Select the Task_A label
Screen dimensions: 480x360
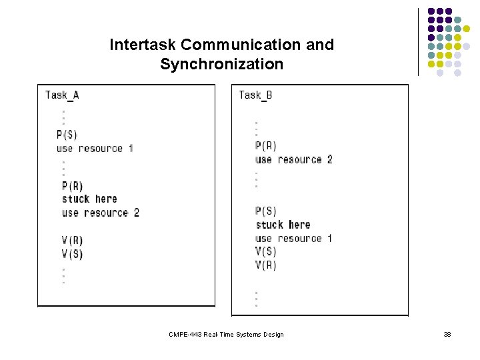62,95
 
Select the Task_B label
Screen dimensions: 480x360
255,95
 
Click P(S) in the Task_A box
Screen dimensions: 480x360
67,135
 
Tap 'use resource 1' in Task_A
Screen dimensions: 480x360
95,148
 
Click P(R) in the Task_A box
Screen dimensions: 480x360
72,186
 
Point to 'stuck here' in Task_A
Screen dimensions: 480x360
89,199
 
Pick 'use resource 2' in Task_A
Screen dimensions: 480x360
100,213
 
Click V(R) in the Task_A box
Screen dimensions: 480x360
72,240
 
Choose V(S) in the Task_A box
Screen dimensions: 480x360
72,254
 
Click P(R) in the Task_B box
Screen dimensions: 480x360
265,146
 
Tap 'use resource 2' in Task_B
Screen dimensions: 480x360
293,159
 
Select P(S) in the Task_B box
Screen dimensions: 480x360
265,211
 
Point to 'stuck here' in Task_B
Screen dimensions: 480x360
283,225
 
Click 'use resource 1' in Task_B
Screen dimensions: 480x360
293,238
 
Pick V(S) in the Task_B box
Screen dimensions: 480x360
265,251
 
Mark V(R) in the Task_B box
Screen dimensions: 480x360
265,265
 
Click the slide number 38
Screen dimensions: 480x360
447,334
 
